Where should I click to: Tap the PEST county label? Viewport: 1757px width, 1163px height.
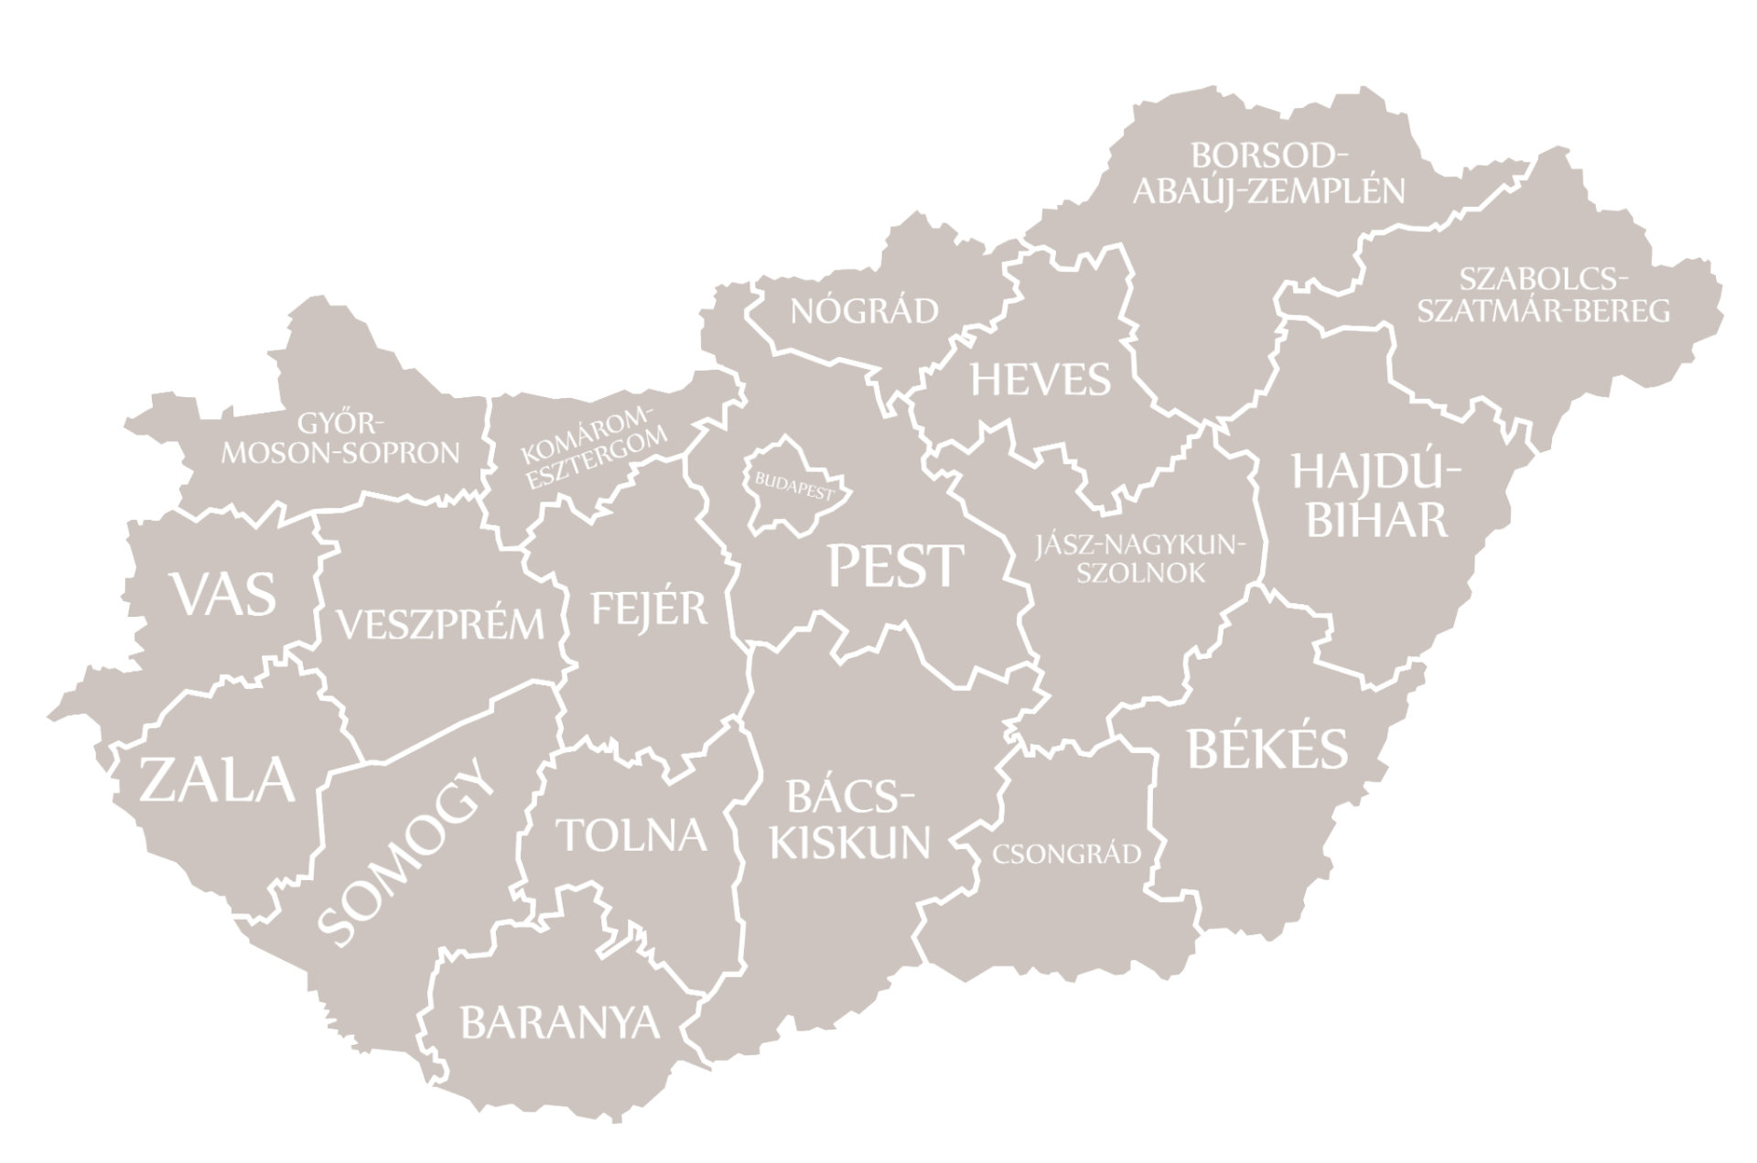895,565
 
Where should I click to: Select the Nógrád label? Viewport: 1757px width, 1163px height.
865,312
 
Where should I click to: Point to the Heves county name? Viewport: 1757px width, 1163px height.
1040,380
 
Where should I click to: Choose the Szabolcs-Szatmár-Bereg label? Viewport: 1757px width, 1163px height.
1543,295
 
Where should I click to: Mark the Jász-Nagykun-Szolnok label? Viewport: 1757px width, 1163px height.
1140,560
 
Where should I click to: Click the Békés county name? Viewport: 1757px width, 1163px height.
1267,749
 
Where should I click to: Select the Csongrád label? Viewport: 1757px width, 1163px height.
1067,855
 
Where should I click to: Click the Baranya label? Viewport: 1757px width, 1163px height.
560,1022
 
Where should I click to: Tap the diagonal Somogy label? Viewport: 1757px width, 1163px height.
405,853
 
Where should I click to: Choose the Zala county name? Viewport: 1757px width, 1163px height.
218,781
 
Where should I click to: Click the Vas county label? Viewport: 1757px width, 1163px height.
224,595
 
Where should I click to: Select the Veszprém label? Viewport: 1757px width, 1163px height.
440,625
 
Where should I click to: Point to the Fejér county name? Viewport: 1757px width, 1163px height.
650,609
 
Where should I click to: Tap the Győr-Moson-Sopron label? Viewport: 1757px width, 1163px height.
340,438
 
